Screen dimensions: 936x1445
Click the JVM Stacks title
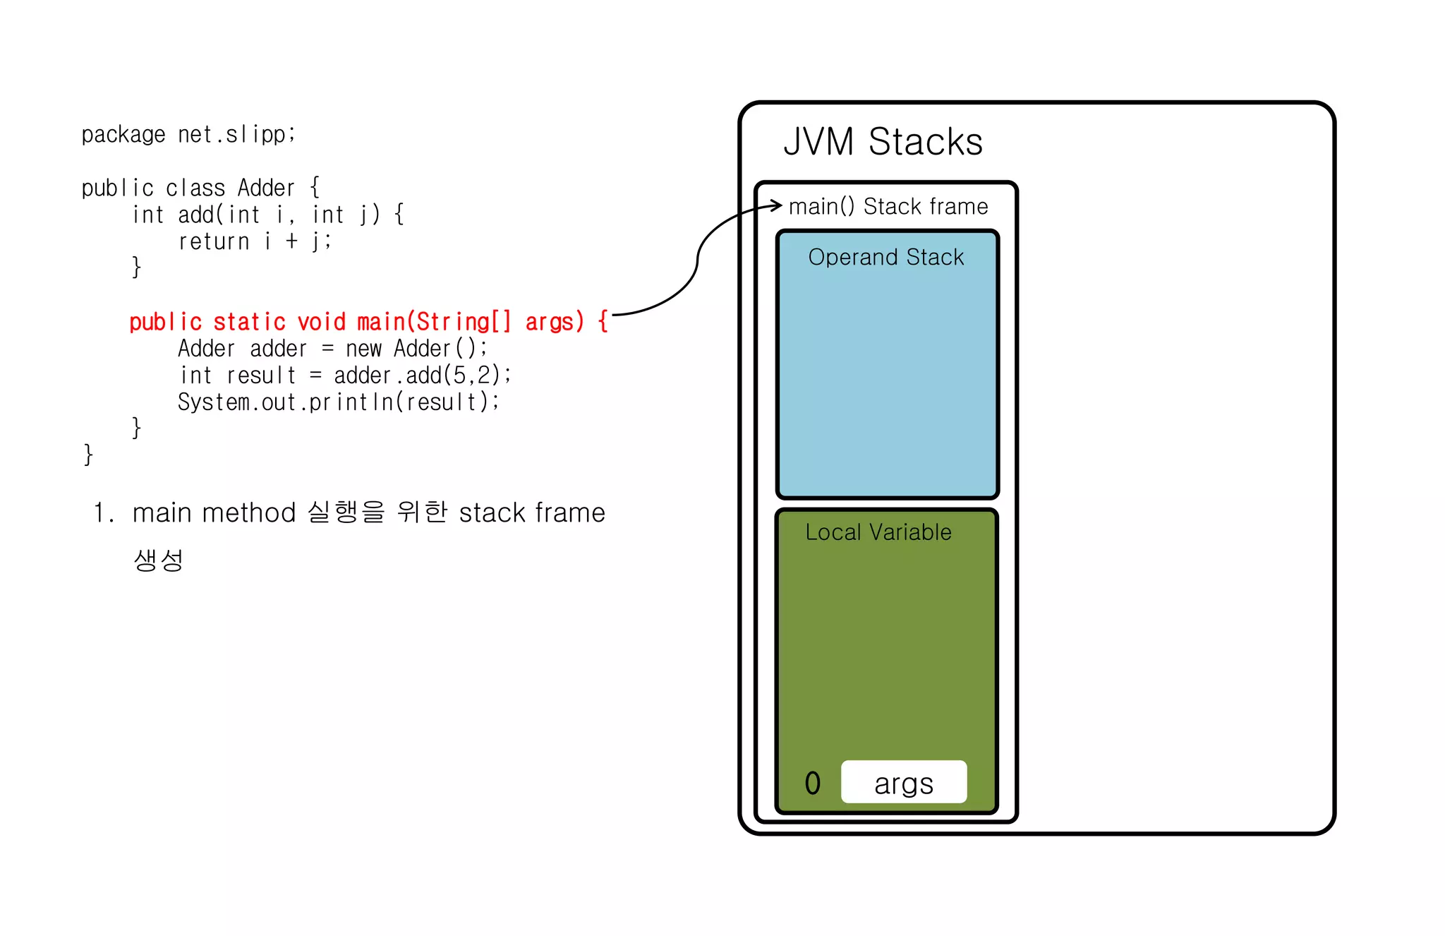click(883, 142)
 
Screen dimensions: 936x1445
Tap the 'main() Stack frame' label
click(888, 207)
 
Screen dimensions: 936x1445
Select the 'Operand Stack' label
click(885, 258)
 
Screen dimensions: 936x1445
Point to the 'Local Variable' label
click(878, 532)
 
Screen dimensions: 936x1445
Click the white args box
click(904, 782)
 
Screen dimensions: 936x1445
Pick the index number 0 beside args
click(813, 783)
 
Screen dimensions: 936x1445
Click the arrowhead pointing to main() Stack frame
click(778, 205)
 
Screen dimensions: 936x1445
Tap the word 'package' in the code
click(123, 135)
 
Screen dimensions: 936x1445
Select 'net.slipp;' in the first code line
click(237, 134)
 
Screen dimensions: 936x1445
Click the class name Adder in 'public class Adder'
click(266, 188)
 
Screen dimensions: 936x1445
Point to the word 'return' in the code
click(214, 242)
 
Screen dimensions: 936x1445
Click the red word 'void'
click(322, 323)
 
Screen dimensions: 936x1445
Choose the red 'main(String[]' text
click(433, 323)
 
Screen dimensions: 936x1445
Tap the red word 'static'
click(249, 323)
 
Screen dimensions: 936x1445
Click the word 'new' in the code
click(363, 349)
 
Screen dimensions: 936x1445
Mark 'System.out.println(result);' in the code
click(339, 402)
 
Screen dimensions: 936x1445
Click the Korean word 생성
click(159, 560)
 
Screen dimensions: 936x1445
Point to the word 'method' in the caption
click(248, 513)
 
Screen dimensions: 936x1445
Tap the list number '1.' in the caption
click(104, 513)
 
